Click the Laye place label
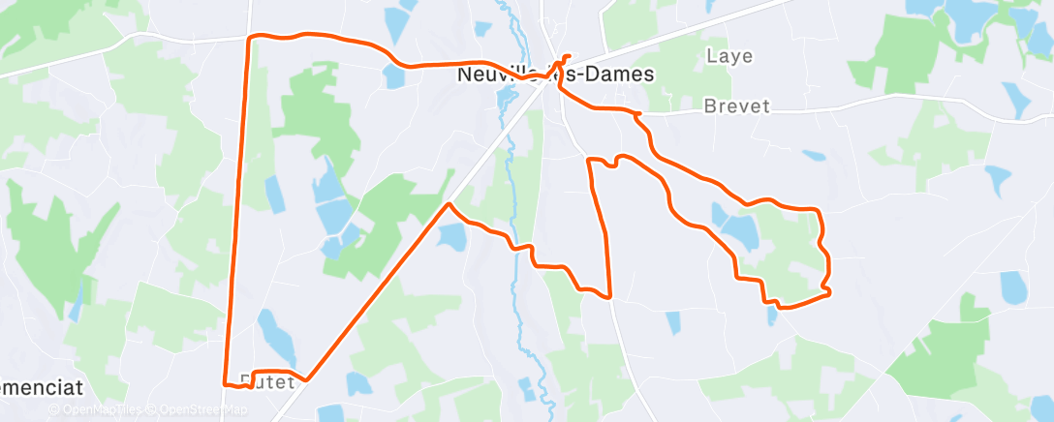point(729,56)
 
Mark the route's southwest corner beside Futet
point(226,383)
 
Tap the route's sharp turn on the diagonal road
point(449,204)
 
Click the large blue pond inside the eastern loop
point(738,229)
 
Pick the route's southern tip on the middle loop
point(609,296)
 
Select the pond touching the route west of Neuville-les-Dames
point(394,75)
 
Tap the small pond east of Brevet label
point(815,155)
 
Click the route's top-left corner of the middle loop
point(589,159)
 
